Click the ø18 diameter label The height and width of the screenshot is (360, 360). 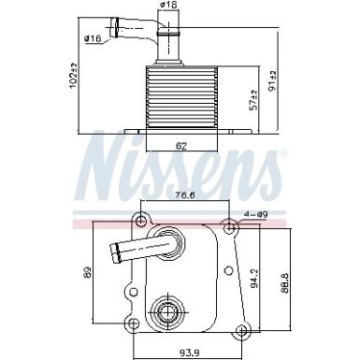(168, 7)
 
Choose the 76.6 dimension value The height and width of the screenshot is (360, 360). (184, 194)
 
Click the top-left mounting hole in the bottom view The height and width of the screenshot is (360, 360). (140, 221)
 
